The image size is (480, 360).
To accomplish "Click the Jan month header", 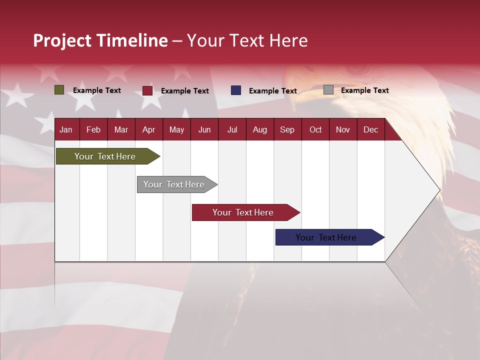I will point(66,130).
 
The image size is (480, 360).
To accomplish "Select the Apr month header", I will point(148,130).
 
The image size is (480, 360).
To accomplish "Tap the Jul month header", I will point(232,130).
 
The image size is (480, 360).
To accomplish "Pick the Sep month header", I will point(287,130).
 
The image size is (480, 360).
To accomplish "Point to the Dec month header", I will point(370,130).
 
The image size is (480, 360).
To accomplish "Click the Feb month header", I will point(93,130).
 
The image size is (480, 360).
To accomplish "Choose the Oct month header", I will point(315,130).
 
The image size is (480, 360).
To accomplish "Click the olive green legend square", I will point(59,90).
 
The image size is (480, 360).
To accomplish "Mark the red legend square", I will point(147,90).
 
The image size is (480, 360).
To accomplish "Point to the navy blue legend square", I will point(236,90).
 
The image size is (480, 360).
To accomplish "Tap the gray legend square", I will point(328,90).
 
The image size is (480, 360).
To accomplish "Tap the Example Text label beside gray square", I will point(364,90).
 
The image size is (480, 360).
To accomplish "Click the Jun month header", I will point(204,130).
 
